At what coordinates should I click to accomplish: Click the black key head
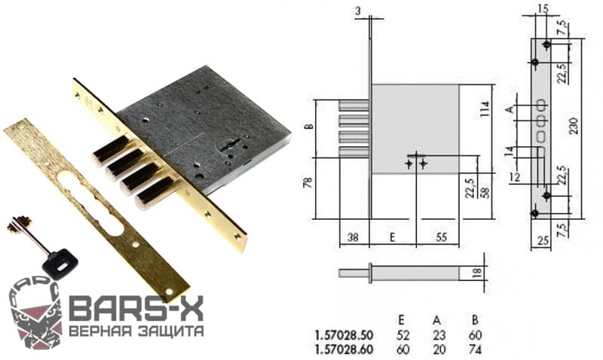pyautogui.click(x=60, y=263)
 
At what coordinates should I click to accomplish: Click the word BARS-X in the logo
pyautogui.click(x=136, y=308)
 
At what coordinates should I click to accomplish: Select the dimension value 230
pyautogui.click(x=574, y=126)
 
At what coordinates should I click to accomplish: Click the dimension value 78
pyautogui.click(x=309, y=182)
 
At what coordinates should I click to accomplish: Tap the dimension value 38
pyautogui.click(x=352, y=237)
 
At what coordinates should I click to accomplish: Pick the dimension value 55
pyautogui.click(x=441, y=237)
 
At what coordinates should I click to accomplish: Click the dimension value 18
pyautogui.click(x=477, y=273)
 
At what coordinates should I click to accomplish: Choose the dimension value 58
pyautogui.click(x=486, y=192)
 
